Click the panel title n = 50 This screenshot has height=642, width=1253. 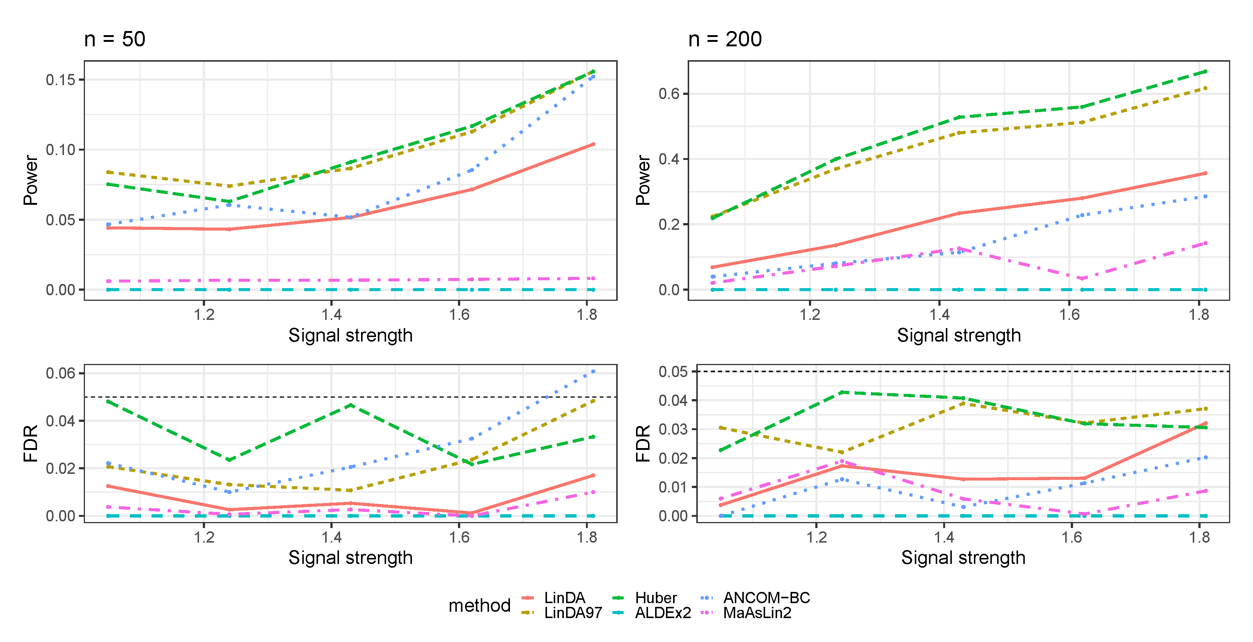point(114,39)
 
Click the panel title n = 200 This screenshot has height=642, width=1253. point(724,39)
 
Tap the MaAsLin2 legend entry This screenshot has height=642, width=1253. point(757,613)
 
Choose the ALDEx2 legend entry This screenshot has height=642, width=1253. point(663,613)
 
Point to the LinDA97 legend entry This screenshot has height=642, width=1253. point(572,613)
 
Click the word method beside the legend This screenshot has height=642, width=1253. point(479,605)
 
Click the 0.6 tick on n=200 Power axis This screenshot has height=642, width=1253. point(669,94)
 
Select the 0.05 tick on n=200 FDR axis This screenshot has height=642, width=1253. point(673,372)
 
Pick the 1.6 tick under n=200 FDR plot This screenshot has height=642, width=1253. point(1072,537)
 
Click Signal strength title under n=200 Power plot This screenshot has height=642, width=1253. point(958,335)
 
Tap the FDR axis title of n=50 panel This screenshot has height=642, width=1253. point(31,443)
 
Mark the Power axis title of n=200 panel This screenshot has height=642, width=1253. point(643,180)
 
